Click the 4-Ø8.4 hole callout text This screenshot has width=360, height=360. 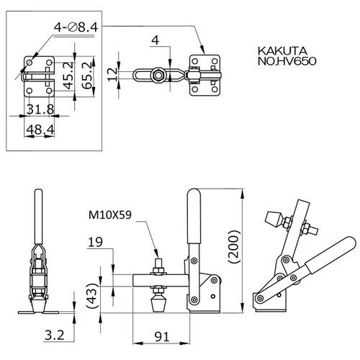pos(76,27)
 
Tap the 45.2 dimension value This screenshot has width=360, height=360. pos(69,76)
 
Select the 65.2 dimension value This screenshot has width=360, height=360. pos(87,76)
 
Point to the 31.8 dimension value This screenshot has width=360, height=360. pos(40,109)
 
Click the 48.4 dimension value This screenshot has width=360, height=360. pos(40,130)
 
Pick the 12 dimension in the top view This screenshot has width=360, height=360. pos(112,74)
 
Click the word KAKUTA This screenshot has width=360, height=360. pos(282,51)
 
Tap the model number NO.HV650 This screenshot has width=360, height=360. pos(287,61)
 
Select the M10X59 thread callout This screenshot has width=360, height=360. pos(110,215)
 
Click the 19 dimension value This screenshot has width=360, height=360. pos(95,243)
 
